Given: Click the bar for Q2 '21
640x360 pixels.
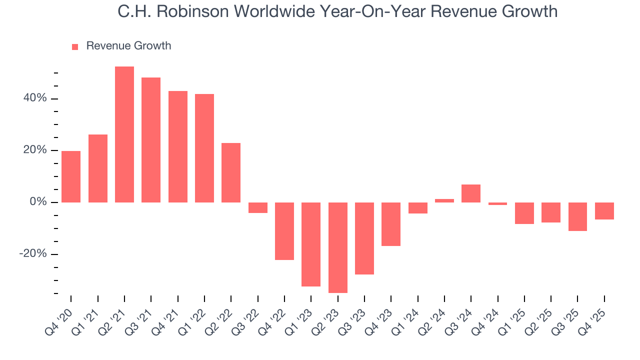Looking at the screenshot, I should (124, 134).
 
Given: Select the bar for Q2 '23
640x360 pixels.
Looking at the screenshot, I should (338, 247).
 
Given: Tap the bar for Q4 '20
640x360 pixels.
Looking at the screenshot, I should (71, 176).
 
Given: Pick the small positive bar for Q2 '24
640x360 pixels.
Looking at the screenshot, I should (444, 200).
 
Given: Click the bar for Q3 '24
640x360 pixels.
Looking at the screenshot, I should (471, 193).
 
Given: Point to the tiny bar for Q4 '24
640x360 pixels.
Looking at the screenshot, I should (498, 203).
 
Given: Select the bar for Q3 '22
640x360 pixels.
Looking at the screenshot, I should (258, 207).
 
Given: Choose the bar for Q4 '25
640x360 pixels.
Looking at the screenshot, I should (604, 211).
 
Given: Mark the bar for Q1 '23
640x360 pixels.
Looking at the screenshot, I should (311, 244).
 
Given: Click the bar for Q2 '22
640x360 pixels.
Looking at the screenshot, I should (231, 172).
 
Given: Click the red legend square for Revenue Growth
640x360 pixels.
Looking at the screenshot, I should (75, 47).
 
